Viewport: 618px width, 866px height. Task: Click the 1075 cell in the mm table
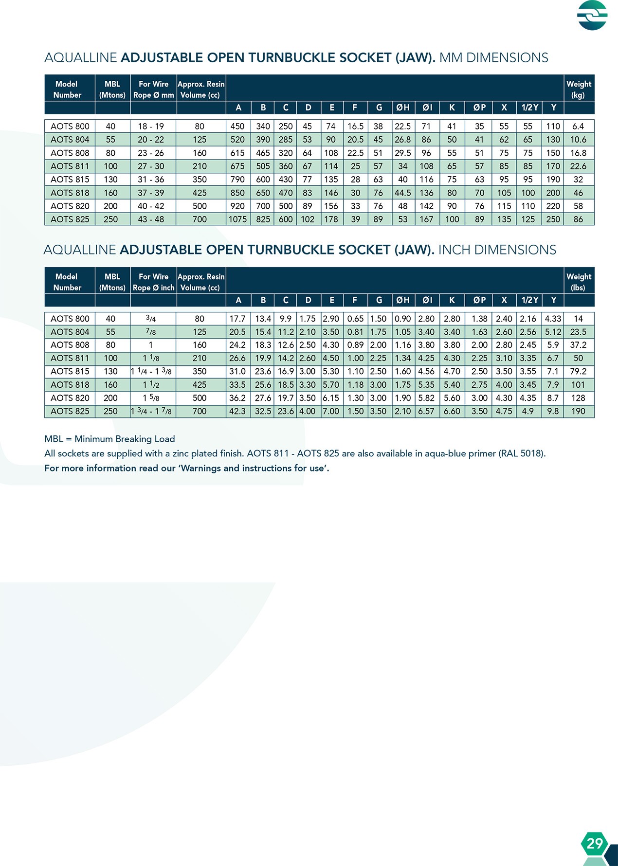[237, 219]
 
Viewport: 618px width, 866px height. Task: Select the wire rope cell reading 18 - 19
[151, 126]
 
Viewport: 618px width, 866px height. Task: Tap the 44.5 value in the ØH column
[403, 193]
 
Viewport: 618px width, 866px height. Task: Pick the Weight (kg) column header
[579, 89]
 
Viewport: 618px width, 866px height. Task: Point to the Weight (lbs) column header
[579, 282]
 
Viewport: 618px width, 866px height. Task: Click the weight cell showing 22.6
[578, 166]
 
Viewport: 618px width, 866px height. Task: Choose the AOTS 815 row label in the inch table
[70, 371]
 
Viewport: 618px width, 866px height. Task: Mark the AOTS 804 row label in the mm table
[70, 140]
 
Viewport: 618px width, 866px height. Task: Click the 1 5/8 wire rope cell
[151, 398]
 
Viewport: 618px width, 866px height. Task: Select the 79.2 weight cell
[578, 371]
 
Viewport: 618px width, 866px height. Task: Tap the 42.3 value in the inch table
[237, 411]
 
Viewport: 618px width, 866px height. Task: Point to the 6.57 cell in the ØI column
[426, 411]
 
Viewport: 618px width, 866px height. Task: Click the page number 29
[595, 843]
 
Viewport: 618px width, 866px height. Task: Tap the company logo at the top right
[592, 15]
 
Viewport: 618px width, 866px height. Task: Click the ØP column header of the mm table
[479, 108]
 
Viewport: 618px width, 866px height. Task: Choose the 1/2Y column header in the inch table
[529, 300]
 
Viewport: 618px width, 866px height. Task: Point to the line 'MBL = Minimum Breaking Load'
[109, 439]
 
